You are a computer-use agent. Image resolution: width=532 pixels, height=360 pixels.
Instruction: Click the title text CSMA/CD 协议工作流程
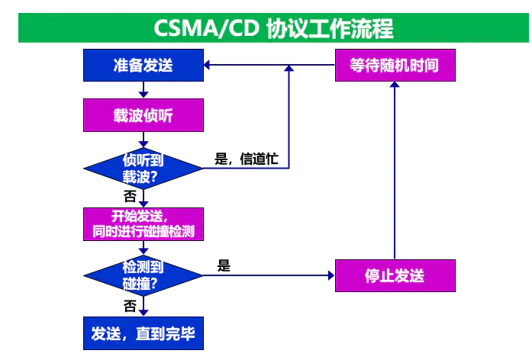tap(273, 28)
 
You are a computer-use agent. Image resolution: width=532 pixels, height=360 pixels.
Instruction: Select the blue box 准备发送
tap(143, 65)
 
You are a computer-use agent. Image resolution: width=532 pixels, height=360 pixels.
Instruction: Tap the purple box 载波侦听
tap(143, 117)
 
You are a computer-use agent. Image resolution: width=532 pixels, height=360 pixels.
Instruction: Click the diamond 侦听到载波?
tap(143, 168)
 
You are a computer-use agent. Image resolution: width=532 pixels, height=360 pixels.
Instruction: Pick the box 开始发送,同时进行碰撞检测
tap(143, 223)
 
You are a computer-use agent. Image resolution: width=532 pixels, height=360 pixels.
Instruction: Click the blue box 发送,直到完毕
tap(143, 333)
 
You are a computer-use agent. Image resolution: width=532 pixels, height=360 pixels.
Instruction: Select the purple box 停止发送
tap(395, 275)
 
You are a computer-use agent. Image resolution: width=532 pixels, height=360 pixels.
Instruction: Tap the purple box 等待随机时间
tap(395, 65)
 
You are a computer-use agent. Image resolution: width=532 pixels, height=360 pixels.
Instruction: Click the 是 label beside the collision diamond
tap(224, 266)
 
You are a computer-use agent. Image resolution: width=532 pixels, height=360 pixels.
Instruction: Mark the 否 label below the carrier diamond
tap(130, 195)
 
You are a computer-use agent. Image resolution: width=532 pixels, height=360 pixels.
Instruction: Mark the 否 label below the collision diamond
tap(130, 306)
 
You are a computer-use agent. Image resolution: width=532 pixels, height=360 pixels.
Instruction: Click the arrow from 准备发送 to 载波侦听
tap(143, 90)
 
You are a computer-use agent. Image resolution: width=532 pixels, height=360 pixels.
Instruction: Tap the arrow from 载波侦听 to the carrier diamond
tap(143, 142)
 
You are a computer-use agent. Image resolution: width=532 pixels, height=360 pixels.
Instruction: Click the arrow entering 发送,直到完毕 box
tap(143, 308)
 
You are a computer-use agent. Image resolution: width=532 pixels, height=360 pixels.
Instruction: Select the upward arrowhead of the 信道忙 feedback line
tap(289, 70)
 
